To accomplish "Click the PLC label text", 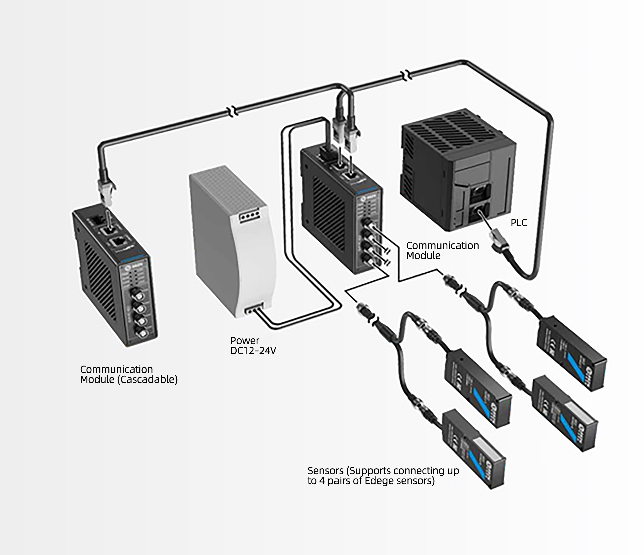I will click(x=519, y=223).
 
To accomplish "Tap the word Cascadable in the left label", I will click(x=148, y=379).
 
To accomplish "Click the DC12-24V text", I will click(x=253, y=351).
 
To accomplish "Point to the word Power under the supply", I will click(x=245, y=341).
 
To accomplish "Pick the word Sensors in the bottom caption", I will click(x=325, y=471).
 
